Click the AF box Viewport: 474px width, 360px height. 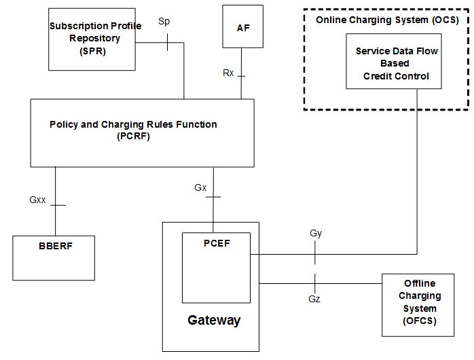[x=243, y=27]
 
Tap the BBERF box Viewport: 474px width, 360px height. [x=54, y=257]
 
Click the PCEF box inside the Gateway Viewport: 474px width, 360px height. [x=217, y=267]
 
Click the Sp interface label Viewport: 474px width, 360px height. [x=164, y=22]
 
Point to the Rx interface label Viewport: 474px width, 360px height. [x=228, y=73]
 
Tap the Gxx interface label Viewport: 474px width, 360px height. [x=37, y=200]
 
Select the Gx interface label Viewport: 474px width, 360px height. [x=200, y=187]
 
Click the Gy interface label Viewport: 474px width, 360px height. [x=315, y=233]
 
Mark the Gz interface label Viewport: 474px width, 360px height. [x=314, y=298]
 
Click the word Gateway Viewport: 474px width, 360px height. [x=214, y=320]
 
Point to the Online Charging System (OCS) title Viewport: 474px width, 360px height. [x=387, y=20]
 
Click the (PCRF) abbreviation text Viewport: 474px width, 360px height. [x=133, y=135]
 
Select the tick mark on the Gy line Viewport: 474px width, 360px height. [x=315, y=255]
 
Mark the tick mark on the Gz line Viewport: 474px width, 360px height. [x=315, y=281]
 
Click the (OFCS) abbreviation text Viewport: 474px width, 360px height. [x=419, y=320]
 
